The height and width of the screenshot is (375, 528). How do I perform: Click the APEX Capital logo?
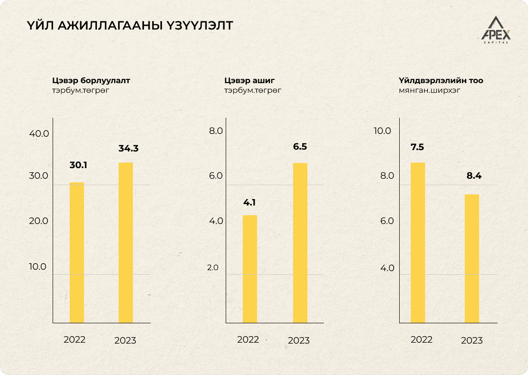pyautogui.click(x=496, y=30)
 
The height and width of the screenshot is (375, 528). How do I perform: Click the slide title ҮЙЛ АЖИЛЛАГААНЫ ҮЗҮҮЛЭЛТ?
pyautogui.click(x=130, y=26)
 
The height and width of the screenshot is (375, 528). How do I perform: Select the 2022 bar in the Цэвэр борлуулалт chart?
pyautogui.click(x=77, y=253)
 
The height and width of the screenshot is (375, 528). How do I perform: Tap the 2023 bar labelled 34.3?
pyautogui.click(x=126, y=242)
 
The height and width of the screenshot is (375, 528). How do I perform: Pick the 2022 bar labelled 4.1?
pyautogui.click(x=250, y=269)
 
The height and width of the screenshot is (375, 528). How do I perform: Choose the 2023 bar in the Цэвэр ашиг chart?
pyautogui.click(x=300, y=242)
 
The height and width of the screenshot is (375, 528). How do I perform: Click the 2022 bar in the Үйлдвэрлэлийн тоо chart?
pyautogui.click(x=418, y=242)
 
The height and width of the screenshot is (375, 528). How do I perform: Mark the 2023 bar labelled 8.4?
pyautogui.click(x=472, y=259)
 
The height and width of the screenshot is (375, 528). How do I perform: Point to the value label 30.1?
pyautogui.click(x=78, y=165)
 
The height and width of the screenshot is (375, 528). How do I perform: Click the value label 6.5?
pyautogui.click(x=300, y=147)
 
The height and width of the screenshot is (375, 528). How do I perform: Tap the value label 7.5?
pyautogui.click(x=417, y=147)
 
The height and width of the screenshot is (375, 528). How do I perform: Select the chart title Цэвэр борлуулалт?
pyautogui.click(x=91, y=80)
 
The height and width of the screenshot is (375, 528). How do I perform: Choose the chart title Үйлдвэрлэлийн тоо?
pyautogui.click(x=441, y=80)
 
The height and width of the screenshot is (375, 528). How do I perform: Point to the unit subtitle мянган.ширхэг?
pyautogui.click(x=429, y=91)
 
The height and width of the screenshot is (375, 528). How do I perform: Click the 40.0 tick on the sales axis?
pyautogui.click(x=39, y=134)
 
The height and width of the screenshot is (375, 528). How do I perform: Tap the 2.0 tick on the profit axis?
pyautogui.click(x=213, y=267)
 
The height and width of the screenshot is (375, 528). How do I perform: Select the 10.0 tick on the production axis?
pyautogui.click(x=382, y=131)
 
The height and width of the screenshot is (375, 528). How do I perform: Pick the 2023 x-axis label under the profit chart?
pyautogui.click(x=299, y=341)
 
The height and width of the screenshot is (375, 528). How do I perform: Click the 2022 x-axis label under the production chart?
pyautogui.click(x=421, y=339)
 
